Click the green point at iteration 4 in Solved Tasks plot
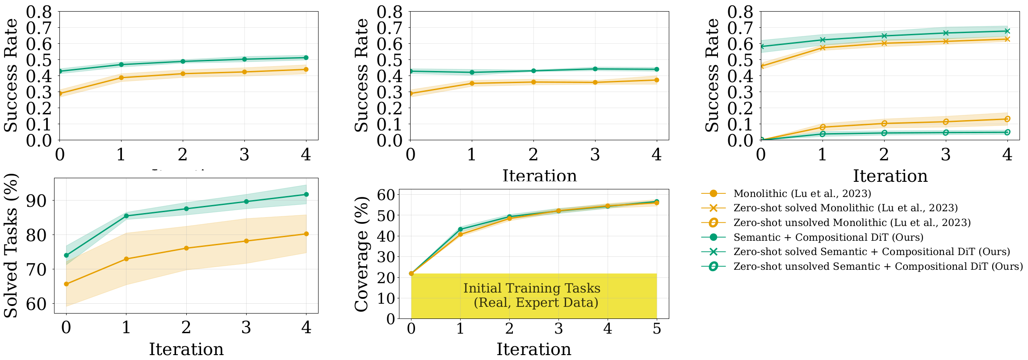pos(306,194)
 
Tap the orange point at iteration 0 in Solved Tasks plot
pos(66,284)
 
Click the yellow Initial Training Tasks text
pos(532,295)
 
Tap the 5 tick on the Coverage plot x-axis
pos(656,329)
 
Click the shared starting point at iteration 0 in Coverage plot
pos(411,273)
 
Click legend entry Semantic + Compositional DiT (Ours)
pos(828,237)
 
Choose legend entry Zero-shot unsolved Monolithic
pos(852,222)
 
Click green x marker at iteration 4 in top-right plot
pos(1007,31)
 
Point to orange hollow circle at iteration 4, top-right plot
pos(1007,119)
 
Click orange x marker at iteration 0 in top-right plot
pos(761,66)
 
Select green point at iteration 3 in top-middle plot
pos(595,69)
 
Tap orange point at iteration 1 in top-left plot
pos(121,78)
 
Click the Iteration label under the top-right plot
pos(890,176)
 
